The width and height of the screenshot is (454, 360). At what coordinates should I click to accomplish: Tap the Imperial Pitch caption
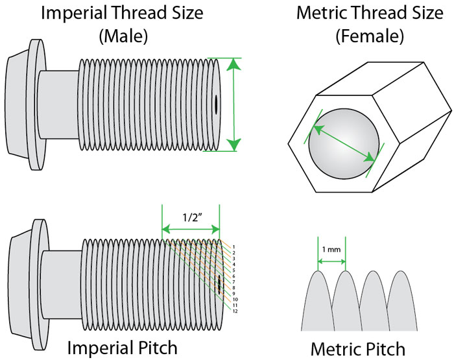123,347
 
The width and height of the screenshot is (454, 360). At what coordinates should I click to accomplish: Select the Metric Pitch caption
357,348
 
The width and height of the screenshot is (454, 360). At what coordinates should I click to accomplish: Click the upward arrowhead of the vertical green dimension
235,63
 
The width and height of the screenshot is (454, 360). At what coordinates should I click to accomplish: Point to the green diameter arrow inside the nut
344,138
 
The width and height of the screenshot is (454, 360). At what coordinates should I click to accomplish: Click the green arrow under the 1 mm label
331,261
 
